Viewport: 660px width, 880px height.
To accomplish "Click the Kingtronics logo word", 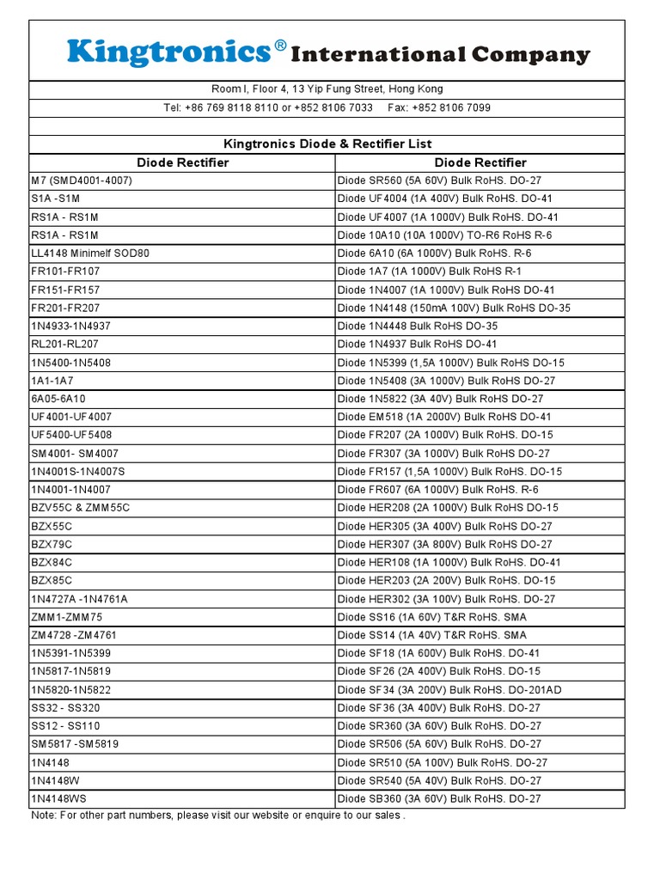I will click(169, 53).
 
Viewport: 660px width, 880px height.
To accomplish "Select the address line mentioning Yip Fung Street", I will click(327, 89).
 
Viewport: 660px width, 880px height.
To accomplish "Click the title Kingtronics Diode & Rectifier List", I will click(327, 144).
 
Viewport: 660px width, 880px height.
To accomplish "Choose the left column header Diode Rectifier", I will click(182, 162).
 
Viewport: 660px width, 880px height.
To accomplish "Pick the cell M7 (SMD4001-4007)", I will click(82, 180).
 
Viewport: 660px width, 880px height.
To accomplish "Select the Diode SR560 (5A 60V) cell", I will click(439, 180).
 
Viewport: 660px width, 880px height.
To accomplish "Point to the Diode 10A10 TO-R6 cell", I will click(444, 235).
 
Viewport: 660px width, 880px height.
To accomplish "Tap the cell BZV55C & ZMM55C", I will click(81, 508).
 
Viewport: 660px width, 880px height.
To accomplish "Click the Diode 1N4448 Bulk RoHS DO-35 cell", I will click(418, 326).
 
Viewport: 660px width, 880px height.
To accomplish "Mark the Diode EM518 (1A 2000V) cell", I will click(444, 417).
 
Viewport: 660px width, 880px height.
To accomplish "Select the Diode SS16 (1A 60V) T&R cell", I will click(432, 617).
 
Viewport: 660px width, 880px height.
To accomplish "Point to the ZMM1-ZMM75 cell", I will click(66, 617).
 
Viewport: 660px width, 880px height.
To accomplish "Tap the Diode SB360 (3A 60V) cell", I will click(439, 798).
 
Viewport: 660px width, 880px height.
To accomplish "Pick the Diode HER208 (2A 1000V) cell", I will click(448, 508).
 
